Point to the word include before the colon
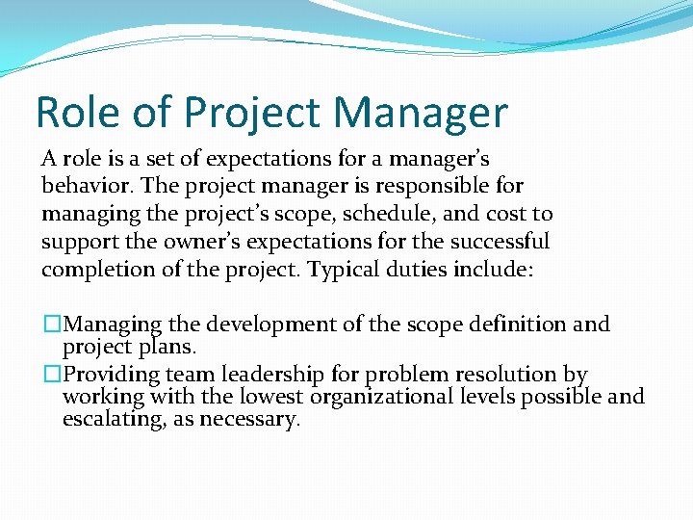489,269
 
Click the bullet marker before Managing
51,325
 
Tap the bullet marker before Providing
51,375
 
